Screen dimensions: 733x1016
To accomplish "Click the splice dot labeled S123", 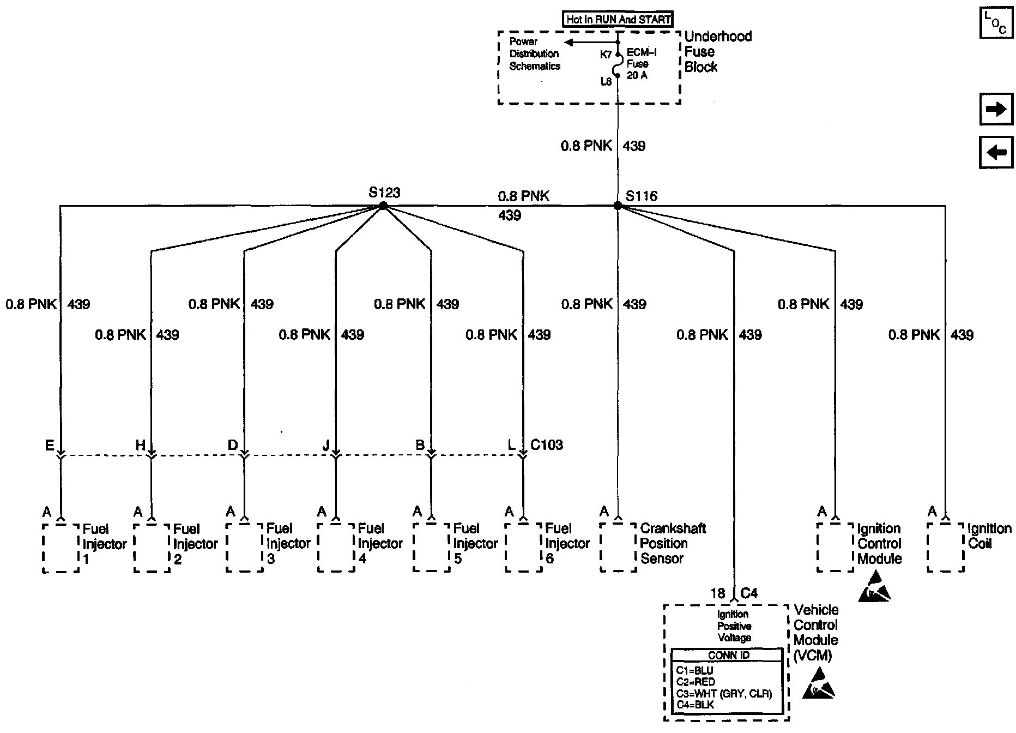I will [383, 206].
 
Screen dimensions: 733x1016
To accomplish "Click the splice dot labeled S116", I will [618, 206].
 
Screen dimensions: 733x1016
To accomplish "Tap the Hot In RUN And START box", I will [618, 20].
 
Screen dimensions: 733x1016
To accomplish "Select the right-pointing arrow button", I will [996, 110].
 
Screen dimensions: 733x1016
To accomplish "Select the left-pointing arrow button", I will [996, 153].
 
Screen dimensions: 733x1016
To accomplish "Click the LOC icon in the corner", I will [996, 23].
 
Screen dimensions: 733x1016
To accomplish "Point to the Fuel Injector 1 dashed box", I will [61, 548].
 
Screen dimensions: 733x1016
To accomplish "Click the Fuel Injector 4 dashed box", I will [336, 548].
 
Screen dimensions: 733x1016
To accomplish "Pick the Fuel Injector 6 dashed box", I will [523, 548].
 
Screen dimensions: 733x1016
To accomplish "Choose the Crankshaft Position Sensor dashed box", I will [618, 548].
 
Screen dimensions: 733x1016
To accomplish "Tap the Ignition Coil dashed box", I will [946, 548].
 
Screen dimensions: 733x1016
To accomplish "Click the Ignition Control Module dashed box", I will [835, 548].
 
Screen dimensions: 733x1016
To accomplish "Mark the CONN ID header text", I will [729, 656].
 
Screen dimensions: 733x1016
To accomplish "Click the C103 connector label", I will [547, 445].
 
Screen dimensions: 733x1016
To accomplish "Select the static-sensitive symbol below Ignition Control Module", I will [875, 588].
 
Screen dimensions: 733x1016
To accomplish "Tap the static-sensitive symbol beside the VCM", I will [819, 684].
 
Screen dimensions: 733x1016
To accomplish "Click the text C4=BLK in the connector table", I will [695, 705].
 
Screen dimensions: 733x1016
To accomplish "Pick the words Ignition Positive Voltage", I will [734, 626].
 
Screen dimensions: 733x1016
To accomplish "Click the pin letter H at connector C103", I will [140, 446].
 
